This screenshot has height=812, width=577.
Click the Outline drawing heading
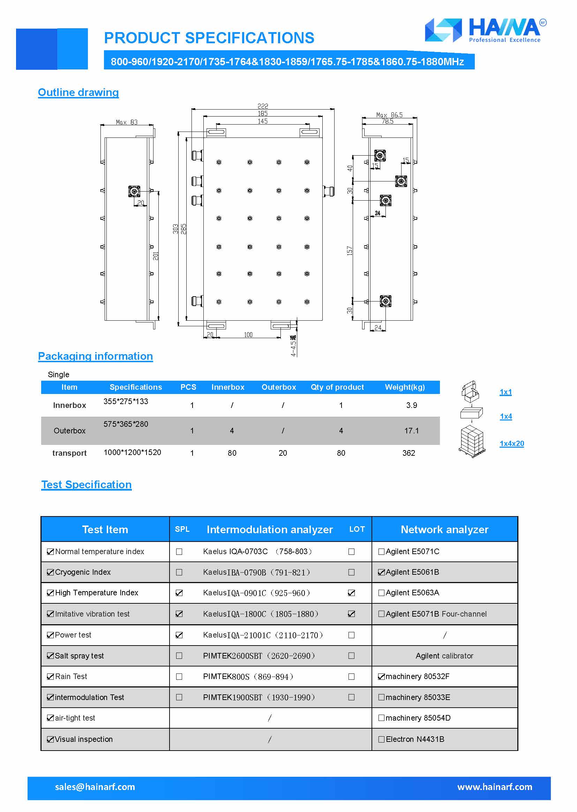click(x=78, y=92)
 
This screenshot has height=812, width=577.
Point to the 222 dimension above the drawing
click(x=263, y=106)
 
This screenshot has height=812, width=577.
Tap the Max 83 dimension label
click(x=127, y=122)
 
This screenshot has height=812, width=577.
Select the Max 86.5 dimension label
click(x=389, y=115)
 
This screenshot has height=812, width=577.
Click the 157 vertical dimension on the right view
click(x=350, y=251)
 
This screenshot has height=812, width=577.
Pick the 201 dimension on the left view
click(x=156, y=256)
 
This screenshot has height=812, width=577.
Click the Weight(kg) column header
click(x=405, y=387)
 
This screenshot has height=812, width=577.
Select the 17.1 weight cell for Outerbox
click(x=411, y=431)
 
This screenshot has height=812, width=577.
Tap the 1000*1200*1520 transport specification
click(x=132, y=452)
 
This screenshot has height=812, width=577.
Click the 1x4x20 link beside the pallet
click(x=512, y=444)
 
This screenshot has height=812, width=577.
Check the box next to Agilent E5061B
click(x=381, y=572)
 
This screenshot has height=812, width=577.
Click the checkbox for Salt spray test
click(x=51, y=656)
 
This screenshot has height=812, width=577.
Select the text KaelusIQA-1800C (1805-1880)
click(x=261, y=614)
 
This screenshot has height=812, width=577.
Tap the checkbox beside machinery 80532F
click(x=381, y=677)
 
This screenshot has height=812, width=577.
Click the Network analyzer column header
click(x=444, y=529)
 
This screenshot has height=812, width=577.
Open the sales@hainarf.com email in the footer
click(x=95, y=787)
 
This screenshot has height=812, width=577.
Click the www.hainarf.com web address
click(x=495, y=787)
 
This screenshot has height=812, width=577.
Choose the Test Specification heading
click(x=86, y=485)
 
